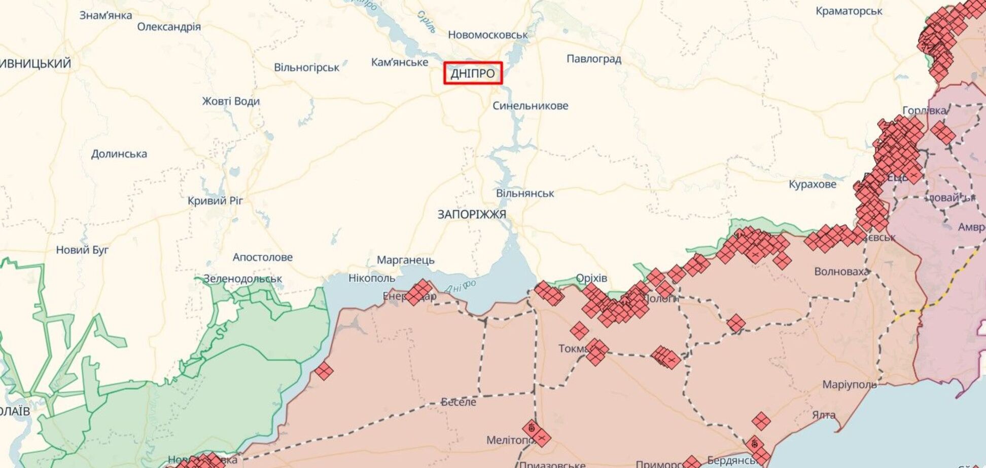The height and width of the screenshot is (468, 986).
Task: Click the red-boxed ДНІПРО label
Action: (x=473, y=73)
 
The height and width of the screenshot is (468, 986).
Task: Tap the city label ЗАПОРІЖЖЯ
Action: (x=472, y=215)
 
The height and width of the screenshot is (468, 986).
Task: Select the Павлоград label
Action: (x=593, y=59)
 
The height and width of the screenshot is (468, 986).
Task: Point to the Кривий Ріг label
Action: (x=215, y=201)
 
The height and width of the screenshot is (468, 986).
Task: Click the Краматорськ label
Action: (x=849, y=11)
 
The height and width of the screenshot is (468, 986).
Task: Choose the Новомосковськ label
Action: (x=487, y=35)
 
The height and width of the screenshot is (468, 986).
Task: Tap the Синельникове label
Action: (x=530, y=106)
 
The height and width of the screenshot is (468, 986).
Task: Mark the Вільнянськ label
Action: (x=524, y=193)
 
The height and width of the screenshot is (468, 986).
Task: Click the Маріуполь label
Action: (x=849, y=384)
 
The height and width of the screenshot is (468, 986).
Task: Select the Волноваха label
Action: (x=841, y=271)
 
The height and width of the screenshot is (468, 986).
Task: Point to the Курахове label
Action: (x=812, y=185)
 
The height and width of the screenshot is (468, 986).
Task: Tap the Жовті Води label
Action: (x=231, y=101)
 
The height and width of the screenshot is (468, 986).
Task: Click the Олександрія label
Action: (x=169, y=27)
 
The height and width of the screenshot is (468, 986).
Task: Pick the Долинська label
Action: (x=119, y=154)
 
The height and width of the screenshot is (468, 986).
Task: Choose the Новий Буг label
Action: (x=82, y=250)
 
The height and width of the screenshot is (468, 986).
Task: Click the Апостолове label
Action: (x=262, y=257)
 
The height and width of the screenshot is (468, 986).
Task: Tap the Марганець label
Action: (x=405, y=260)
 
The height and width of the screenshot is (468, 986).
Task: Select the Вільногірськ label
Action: (x=306, y=67)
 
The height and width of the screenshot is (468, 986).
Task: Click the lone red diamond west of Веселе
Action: (x=324, y=371)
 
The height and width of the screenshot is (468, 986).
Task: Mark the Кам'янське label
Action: (x=399, y=62)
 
